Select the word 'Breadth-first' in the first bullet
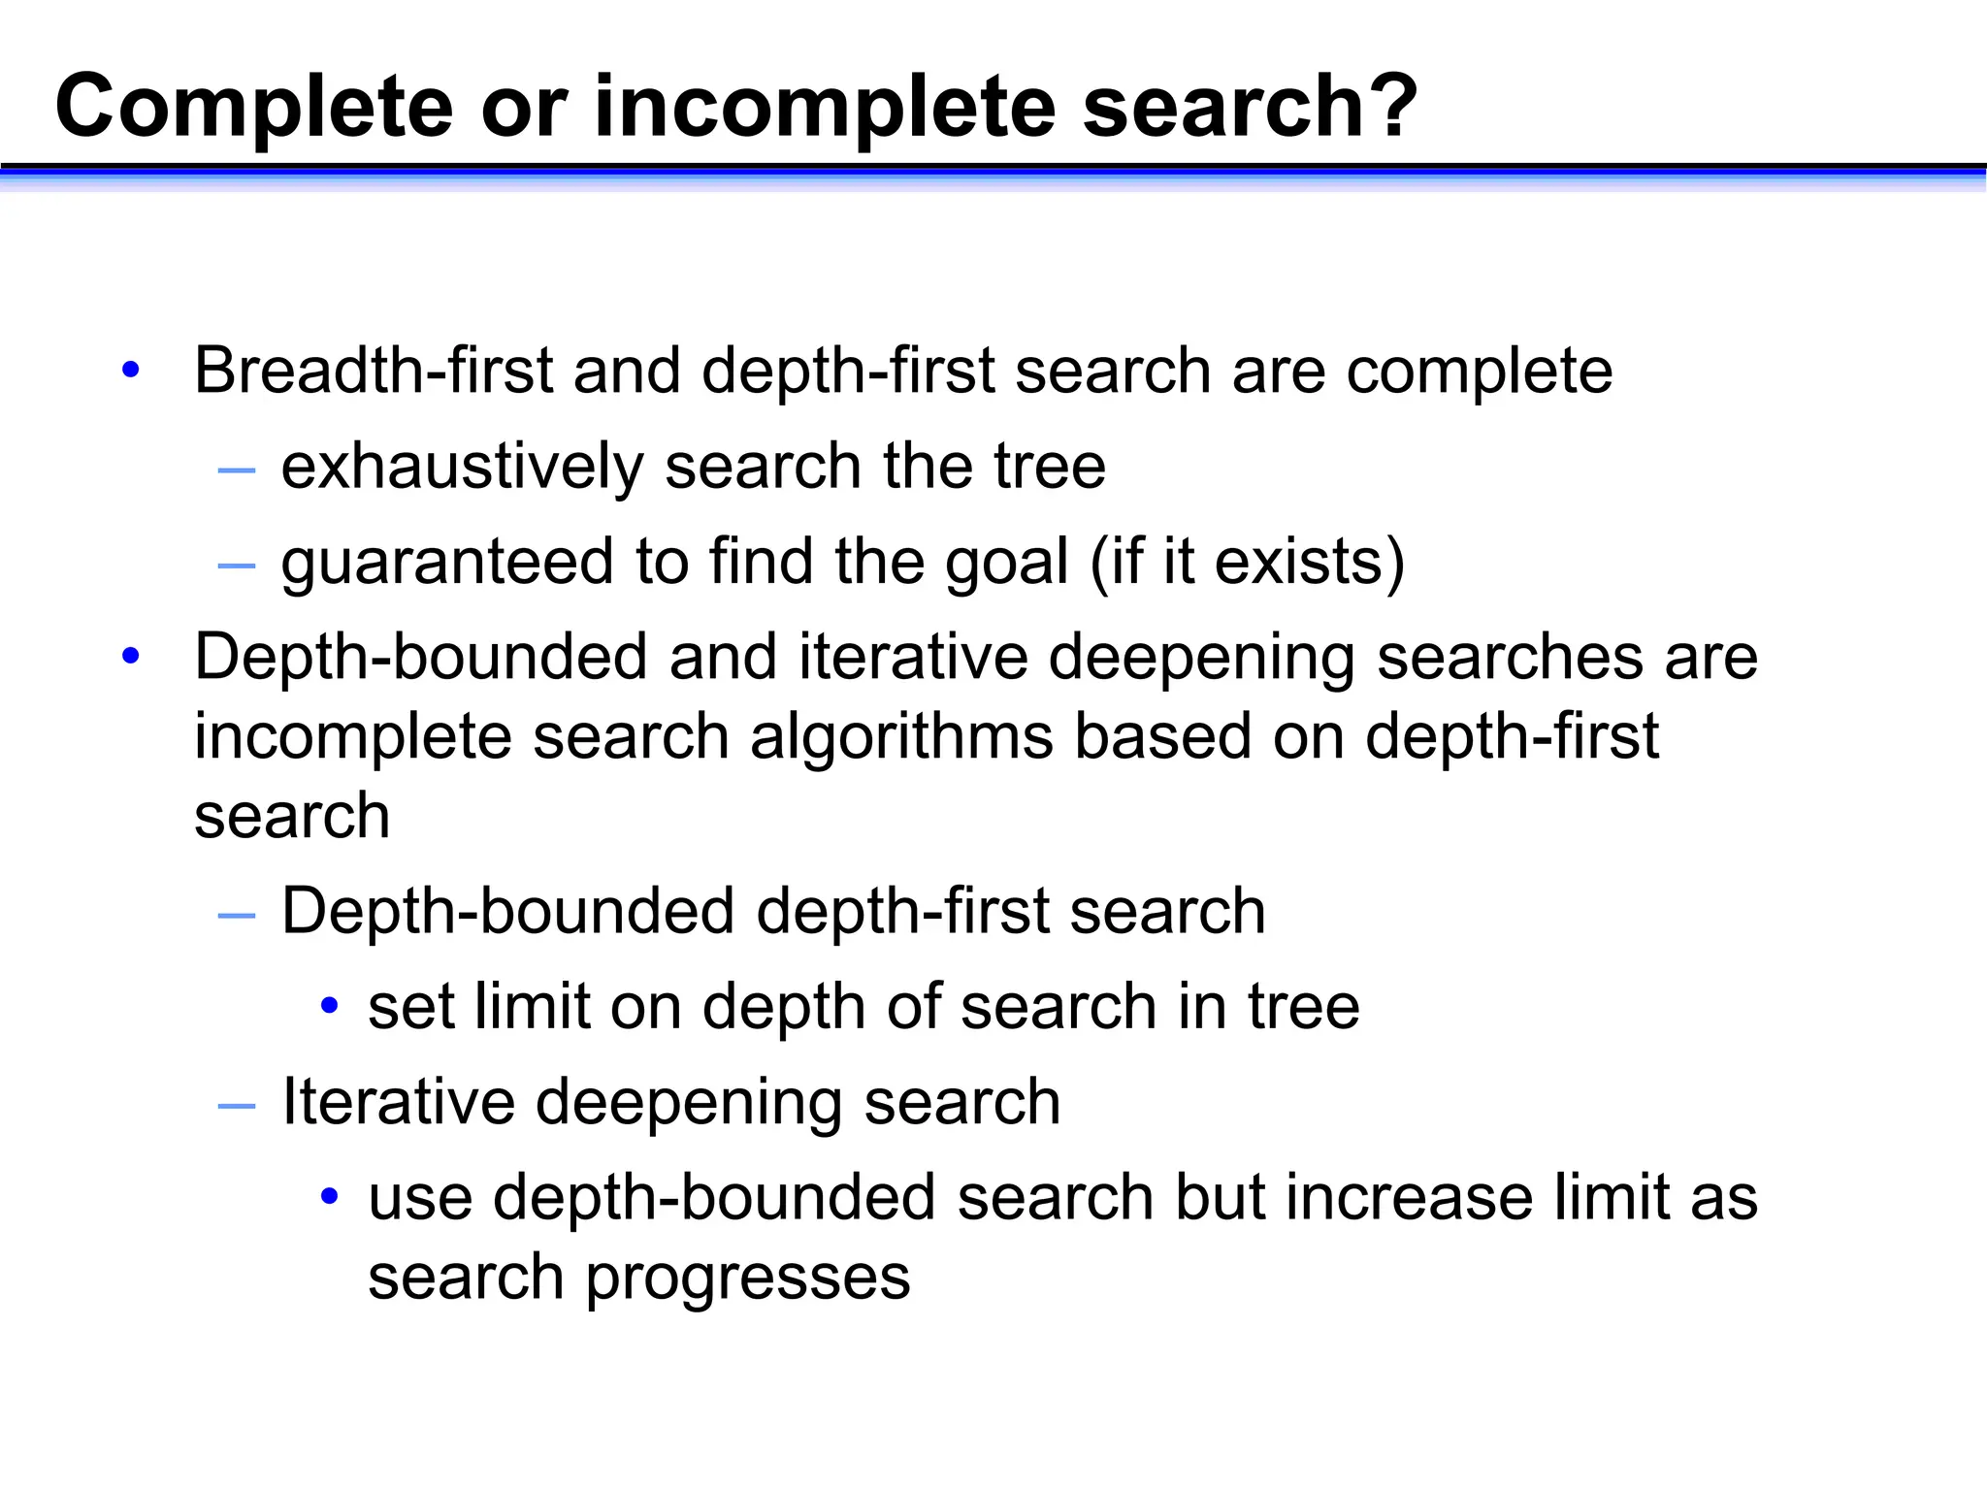[x=374, y=371]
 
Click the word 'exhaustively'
[x=462, y=467]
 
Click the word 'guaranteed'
[x=447, y=563]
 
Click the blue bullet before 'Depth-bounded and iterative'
[x=131, y=656]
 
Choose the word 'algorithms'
[x=901, y=736]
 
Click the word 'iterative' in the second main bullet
[x=913, y=657]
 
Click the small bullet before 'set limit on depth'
[x=330, y=1005]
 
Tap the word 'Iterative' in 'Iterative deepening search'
[x=397, y=1102]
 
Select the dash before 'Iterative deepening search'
[x=237, y=1106]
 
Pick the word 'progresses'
[x=747, y=1278]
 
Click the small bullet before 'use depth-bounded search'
[x=330, y=1196]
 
